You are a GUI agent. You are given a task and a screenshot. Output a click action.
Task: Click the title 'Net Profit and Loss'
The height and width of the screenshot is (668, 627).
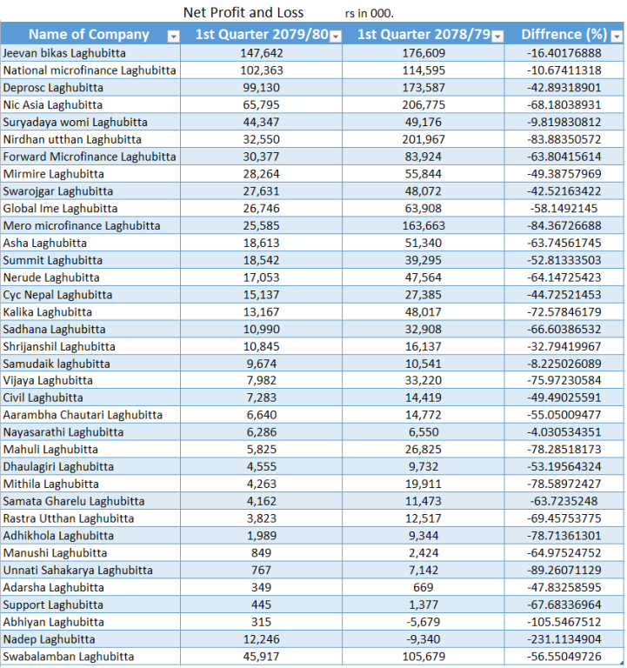(243, 12)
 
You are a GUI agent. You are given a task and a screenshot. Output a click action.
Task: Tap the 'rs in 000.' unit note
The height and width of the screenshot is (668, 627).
(370, 13)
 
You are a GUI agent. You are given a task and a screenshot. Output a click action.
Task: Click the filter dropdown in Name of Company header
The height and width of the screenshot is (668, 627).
(173, 37)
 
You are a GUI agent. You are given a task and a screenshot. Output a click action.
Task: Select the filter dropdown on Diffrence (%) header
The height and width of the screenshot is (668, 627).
(617, 37)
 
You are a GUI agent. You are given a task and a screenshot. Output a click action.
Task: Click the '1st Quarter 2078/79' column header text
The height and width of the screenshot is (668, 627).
(424, 34)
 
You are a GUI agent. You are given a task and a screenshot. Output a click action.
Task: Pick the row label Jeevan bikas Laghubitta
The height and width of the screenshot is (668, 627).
(64, 53)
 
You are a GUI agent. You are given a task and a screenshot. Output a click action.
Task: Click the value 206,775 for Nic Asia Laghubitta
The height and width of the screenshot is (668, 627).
(424, 104)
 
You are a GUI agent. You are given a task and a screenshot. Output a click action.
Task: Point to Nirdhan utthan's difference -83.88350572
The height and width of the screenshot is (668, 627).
(564, 139)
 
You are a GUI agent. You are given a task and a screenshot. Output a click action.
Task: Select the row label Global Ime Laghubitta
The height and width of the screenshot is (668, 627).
(60, 209)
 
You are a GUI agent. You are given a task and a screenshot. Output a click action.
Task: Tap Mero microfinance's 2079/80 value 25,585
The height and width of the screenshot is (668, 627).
(261, 225)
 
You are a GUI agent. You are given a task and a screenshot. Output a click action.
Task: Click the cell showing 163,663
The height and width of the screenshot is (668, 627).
(424, 225)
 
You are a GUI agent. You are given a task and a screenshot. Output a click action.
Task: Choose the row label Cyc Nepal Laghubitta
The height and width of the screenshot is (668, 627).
(57, 295)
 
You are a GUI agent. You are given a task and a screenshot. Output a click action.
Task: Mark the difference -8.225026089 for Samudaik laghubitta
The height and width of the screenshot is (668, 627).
(564, 364)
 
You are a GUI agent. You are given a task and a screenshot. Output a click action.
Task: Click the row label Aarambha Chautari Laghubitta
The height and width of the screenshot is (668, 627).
(83, 415)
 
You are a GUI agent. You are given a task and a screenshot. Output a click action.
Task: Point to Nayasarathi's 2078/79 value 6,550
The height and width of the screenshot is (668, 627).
(424, 432)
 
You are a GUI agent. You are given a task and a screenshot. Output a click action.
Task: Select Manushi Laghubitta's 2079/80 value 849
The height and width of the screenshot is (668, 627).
(261, 553)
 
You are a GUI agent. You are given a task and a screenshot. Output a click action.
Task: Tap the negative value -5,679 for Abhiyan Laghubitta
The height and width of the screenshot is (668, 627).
(423, 622)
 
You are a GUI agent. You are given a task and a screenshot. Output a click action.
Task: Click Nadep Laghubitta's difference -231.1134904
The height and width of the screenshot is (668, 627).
(564, 639)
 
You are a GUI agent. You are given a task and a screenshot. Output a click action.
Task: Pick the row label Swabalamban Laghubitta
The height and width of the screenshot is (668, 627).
(69, 657)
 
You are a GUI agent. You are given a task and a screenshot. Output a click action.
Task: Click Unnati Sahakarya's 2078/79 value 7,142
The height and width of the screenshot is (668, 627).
(424, 570)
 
